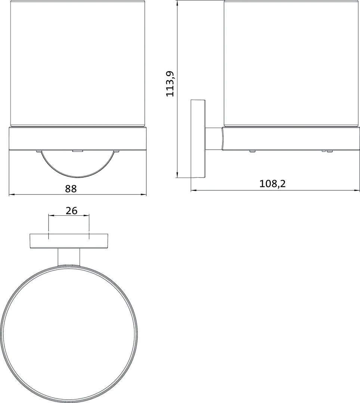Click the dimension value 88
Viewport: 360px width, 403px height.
click(x=71, y=188)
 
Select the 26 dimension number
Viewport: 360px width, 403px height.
click(x=71, y=210)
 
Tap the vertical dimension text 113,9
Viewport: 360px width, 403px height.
click(x=170, y=84)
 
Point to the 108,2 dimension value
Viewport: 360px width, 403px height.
click(x=272, y=184)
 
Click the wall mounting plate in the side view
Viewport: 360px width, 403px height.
click(x=198, y=138)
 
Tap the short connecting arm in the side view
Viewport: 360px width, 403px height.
click(x=214, y=139)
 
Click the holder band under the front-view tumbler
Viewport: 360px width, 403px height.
click(x=78, y=138)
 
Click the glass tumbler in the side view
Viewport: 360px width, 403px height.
click(x=291, y=63)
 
